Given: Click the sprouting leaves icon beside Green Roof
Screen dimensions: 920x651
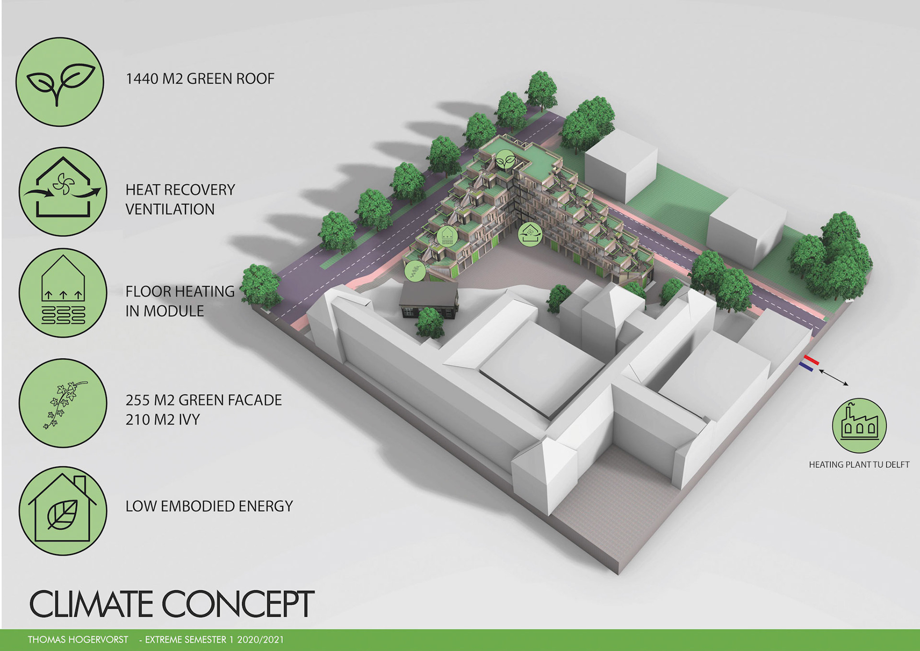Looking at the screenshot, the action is [60, 82].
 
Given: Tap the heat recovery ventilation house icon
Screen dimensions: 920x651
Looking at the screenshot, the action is [63, 191].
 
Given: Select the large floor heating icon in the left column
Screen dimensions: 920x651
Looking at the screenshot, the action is [63, 292].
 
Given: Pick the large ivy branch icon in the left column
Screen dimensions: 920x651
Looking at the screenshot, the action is [63, 403].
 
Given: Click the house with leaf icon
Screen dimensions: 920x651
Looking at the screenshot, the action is [63, 511].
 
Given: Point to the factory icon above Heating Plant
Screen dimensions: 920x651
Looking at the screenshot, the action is [859, 425].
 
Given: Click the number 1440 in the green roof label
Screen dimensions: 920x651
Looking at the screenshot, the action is [142, 79].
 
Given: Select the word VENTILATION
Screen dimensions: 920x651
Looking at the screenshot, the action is [170, 209].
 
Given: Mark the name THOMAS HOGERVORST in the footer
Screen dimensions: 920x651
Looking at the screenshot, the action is [78, 640].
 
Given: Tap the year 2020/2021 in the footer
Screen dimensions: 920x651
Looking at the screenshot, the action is [260, 640].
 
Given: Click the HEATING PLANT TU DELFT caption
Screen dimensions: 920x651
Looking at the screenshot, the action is [859, 465].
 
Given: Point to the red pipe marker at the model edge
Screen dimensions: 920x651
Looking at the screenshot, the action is [812, 360].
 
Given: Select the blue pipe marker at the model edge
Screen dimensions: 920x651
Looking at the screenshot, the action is [806, 367].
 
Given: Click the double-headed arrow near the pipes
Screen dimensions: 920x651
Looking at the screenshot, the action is [834, 377].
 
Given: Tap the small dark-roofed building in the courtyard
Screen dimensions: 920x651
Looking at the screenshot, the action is [428, 298].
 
